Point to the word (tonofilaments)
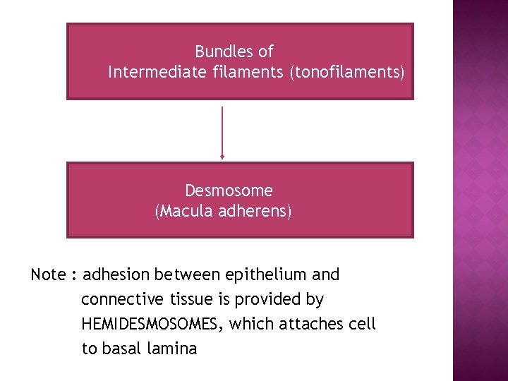click(x=347, y=72)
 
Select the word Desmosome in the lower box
click(x=229, y=190)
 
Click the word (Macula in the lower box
click(x=181, y=211)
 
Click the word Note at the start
click(x=48, y=274)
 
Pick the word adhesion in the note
click(x=116, y=274)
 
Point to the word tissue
click(x=192, y=300)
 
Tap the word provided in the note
click(x=268, y=300)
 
